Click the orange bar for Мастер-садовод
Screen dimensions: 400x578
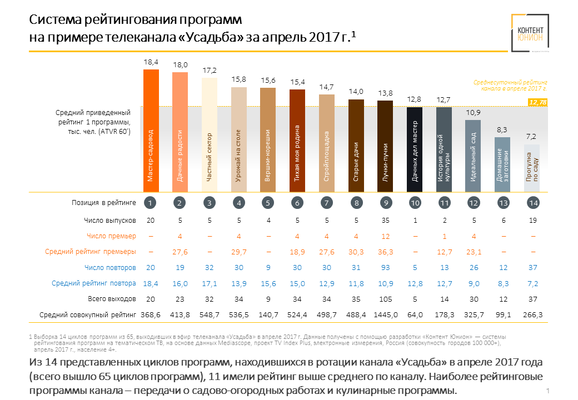click(x=151, y=131)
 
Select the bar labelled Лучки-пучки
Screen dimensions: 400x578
click(x=385, y=147)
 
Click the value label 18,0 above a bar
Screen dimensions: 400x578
click(x=180, y=65)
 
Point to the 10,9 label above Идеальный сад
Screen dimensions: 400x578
click(x=474, y=113)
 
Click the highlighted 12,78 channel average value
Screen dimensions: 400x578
click(x=538, y=102)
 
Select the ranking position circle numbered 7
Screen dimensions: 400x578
click(x=327, y=203)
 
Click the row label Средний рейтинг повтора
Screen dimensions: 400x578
click(x=94, y=283)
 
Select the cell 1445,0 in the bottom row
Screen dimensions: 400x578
click(x=386, y=315)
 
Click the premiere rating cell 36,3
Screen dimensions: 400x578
click(x=386, y=252)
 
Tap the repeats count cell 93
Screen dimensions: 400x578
click(x=386, y=268)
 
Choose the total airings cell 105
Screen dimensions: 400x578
click(x=386, y=299)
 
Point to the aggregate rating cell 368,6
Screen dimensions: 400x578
click(x=150, y=315)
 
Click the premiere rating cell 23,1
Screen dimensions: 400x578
click(x=474, y=252)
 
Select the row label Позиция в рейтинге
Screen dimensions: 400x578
click(x=104, y=203)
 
